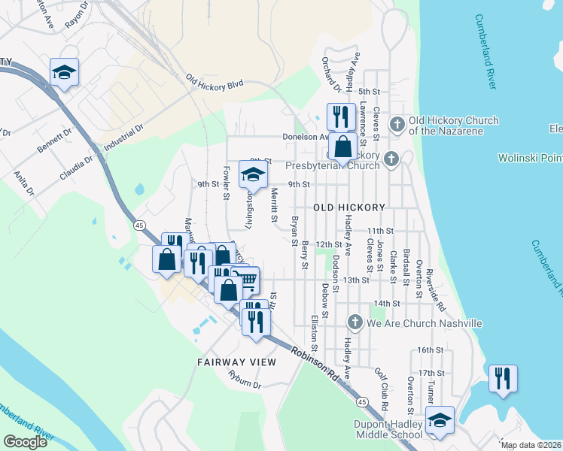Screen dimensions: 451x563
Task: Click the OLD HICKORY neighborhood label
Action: [349, 207]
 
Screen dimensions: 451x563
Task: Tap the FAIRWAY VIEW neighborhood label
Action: [237, 362]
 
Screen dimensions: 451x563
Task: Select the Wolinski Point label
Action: [530, 158]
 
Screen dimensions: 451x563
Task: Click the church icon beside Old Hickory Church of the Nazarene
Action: [397, 123]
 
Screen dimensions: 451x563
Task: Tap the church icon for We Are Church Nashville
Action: [355, 323]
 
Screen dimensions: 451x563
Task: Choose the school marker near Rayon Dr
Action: [65, 72]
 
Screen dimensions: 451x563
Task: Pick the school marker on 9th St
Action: [254, 174]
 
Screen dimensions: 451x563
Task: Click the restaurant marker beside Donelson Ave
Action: [340, 117]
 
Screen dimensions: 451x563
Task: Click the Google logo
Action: [26, 442]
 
